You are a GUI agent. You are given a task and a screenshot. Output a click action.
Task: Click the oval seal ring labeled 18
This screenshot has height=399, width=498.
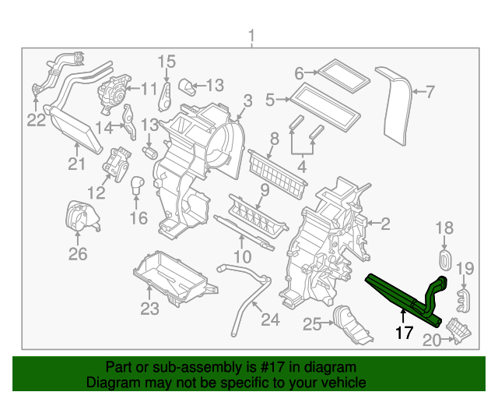[x=446, y=259]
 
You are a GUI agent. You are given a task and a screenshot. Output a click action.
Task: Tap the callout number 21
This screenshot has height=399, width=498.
[x=75, y=164]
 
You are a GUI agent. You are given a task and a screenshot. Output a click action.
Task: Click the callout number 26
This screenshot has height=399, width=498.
[x=77, y=253]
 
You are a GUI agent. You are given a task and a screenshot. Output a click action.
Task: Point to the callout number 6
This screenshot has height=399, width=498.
[x=299, y=74]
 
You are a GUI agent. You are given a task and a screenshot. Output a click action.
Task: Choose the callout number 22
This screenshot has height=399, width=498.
[x=37, y=119]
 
